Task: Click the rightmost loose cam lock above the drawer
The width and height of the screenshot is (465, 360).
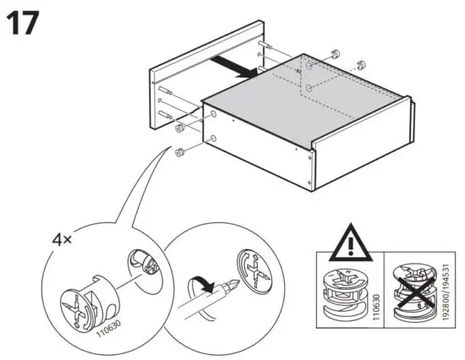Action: (x=361, y=63)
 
